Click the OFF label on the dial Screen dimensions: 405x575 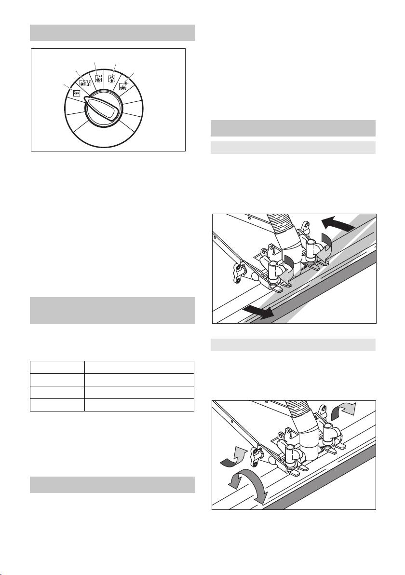click(x=77, y=93)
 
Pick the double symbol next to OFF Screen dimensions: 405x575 click(x=85, y=83)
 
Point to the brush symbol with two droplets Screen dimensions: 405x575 click(x=98, y=79)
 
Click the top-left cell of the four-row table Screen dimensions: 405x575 click(x=57, y=368)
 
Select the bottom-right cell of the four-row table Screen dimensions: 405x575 click(x=139, y=405)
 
